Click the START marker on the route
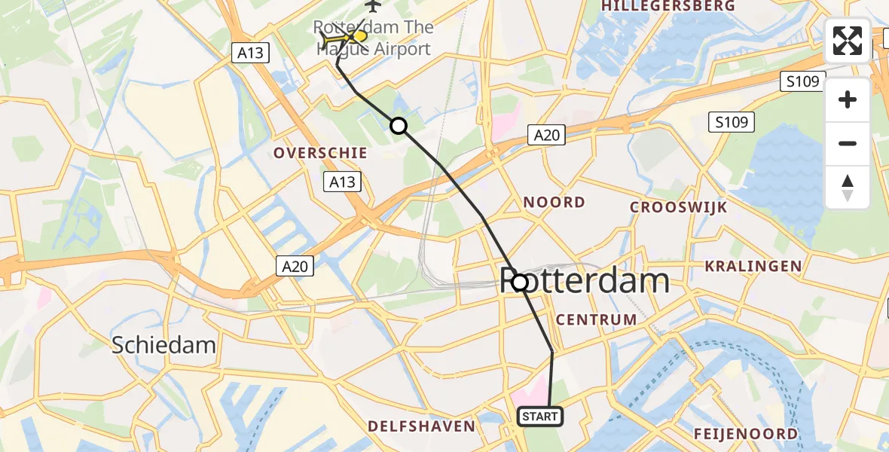[x=540, y=417]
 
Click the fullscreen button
[x=848, y=41]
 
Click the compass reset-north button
[x=848, y=188]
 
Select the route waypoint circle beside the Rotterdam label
[x=520, y=282]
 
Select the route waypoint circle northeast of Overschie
[x=398, y=126]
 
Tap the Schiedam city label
[x=163, y=346]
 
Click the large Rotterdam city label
[x=585, y=282]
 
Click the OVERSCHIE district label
[x=321, y=153]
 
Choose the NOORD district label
[x=554, y=202]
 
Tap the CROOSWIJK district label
[x=679, y=207]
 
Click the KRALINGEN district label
[x=753, y=266]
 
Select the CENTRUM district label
[x=596, y=319]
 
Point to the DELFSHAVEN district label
[x=421, y=426]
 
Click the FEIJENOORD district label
[x=746, y=434]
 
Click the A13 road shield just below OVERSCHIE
[x=341, y=181]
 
